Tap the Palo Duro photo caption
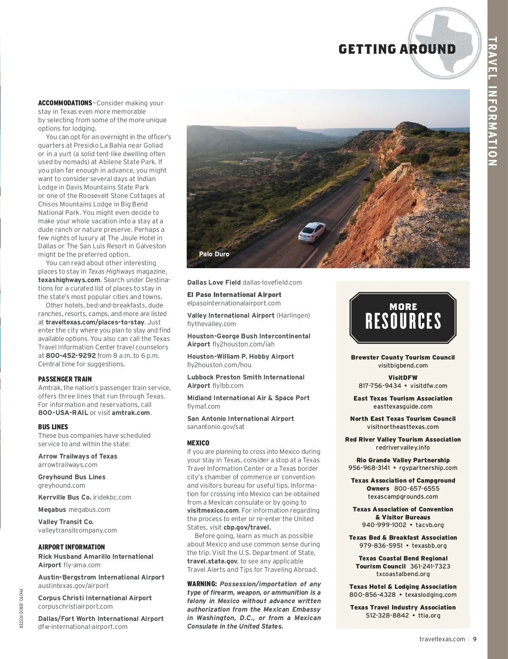214,254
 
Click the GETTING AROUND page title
397,49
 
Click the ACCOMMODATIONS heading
65,103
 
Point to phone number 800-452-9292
71,356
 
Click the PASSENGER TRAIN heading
65,379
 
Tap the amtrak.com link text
131,413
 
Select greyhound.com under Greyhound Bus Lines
62,486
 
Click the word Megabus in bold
52,510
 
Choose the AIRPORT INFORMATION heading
72,547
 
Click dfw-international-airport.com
83,627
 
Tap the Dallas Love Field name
214,283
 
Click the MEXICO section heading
198,443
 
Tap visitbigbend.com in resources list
403,365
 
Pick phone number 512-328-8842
387,615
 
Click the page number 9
475,639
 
